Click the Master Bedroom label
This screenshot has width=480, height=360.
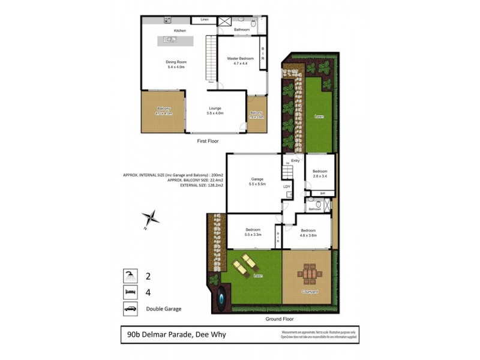click(240, 58)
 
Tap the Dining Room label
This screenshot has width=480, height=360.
click(177, 62)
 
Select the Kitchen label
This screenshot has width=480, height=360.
click(180, 31)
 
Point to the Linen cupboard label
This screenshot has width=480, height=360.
click(205, 20)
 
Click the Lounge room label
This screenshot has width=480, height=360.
click(215, 108)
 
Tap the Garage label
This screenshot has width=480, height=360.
click(257, 179)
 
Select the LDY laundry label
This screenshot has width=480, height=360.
click(287, 186)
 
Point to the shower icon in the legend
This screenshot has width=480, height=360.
click(130, 276)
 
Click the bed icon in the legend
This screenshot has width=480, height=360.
click(130, 293)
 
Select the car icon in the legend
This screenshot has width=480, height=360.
click(130, 309)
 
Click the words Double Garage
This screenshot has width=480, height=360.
click(164, 309)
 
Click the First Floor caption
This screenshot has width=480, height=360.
click(208, 141)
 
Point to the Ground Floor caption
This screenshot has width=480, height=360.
click(279, 319)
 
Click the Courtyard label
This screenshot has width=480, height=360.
click(310, 292)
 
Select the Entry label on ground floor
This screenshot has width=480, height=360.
click(295, 160)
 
